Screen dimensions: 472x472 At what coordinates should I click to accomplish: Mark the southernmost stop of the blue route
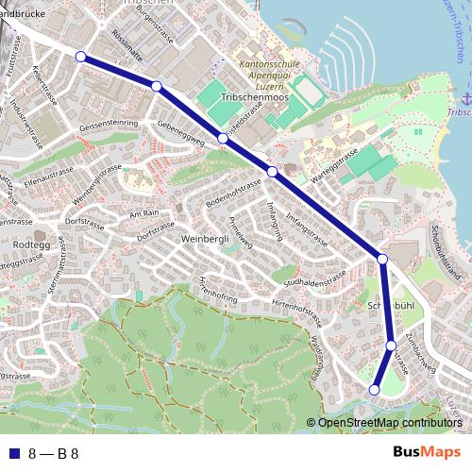[374, 389]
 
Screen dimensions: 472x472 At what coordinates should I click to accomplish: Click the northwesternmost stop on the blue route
[80, 57]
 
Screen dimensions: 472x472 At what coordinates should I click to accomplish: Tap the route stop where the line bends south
[382, 259]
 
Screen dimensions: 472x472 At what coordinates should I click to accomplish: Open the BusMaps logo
[426, 452]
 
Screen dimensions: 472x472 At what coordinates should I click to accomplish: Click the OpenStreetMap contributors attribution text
[390, 423]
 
